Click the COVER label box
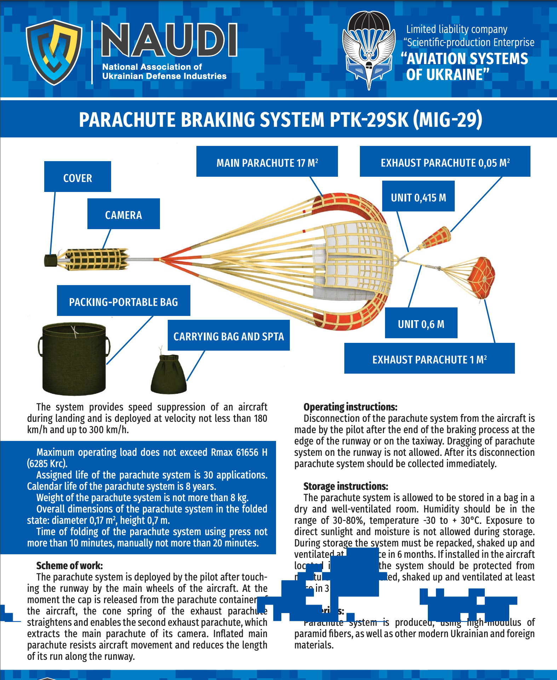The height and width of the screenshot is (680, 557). (77, 177)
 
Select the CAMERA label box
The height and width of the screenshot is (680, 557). (124, 214)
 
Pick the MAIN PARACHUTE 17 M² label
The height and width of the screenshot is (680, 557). (267, 161)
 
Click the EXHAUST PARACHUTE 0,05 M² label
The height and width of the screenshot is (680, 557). (445, 161)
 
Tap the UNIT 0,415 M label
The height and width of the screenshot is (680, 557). (418, 196)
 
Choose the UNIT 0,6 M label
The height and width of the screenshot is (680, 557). (421, 323)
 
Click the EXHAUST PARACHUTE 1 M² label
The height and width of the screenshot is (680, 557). (429, 358)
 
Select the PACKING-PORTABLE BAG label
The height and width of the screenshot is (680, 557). (124, 301)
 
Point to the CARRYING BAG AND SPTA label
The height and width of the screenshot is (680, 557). (229, 335)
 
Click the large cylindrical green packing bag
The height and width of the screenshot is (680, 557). (74, 358)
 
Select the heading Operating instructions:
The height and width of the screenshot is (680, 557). (350, 407)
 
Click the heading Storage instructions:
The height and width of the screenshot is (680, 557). (346, 486)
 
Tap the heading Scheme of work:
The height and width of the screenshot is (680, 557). (69, 566)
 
